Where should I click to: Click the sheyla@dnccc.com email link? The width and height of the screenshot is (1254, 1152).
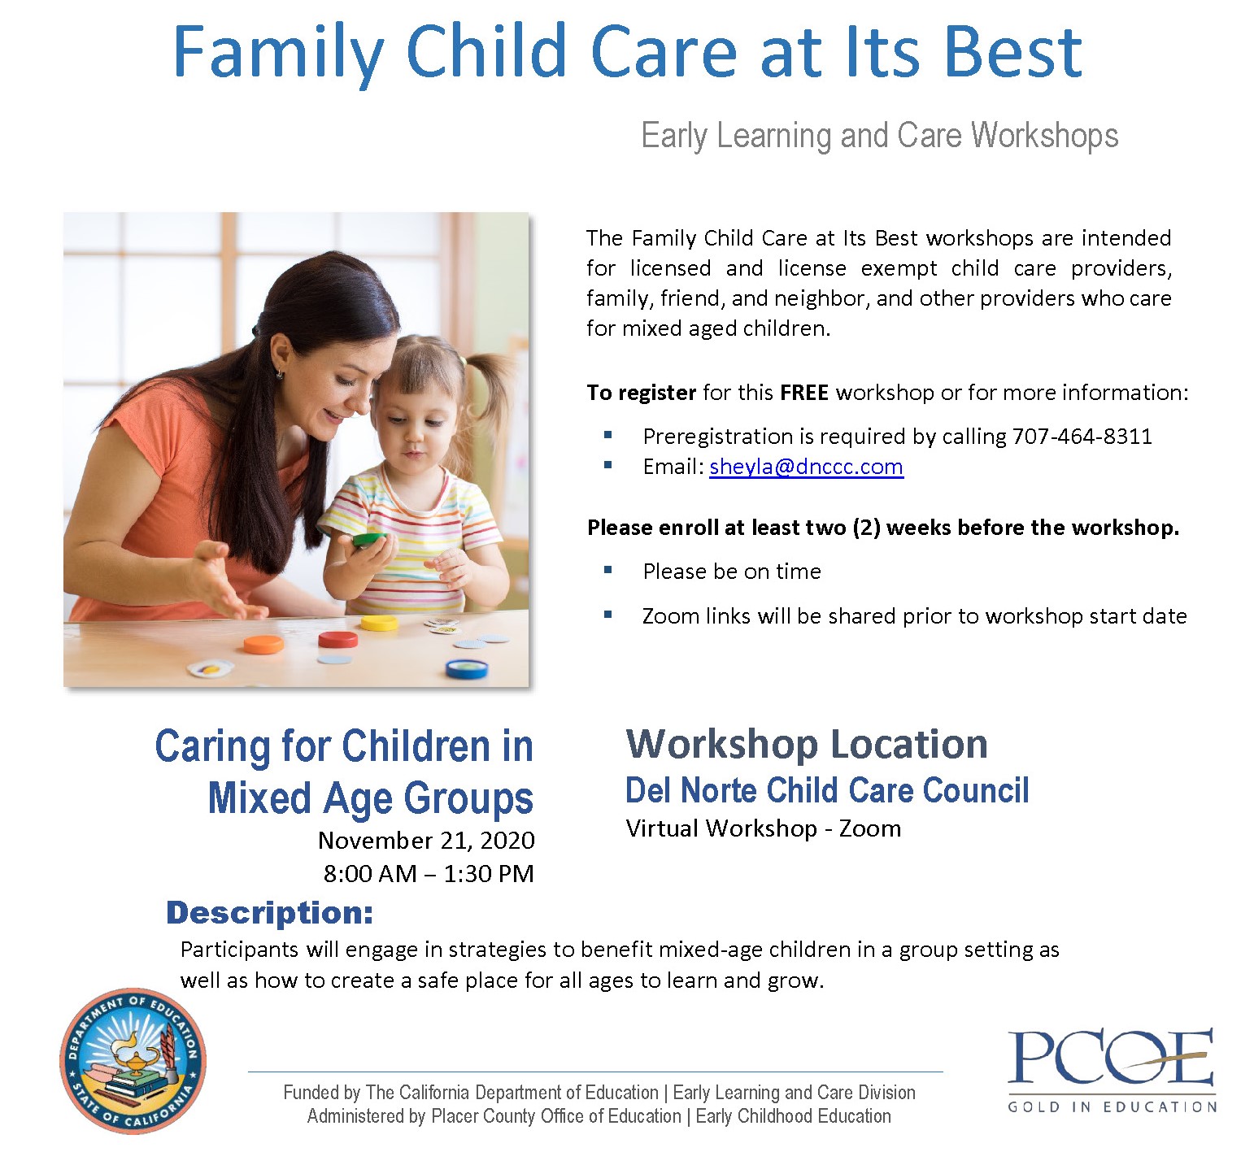coord(806,467)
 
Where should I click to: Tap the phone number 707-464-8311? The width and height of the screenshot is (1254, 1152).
coord(1082,437)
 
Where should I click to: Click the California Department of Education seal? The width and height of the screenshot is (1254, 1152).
coord(133,1062)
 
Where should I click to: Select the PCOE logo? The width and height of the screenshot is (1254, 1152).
coord(1112,1068)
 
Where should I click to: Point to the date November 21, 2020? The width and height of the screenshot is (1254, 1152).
coord(426,840)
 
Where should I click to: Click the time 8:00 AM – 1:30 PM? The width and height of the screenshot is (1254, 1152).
coord(429,874)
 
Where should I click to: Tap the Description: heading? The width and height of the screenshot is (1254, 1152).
coord(269,913)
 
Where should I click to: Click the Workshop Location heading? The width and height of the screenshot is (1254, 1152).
coord(807,744)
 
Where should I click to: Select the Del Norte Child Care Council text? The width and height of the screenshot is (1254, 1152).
coord(827,790)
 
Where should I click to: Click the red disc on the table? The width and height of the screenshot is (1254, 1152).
coord(337,639)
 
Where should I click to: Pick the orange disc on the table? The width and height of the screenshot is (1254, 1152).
coord(263,645)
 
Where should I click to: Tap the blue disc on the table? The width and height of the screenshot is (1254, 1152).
coord(467,668)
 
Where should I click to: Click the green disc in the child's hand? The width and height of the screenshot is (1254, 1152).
coord(370,538)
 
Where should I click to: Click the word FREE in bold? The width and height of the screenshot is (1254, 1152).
coord(803,393)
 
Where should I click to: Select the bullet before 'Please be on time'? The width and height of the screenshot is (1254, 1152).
coord(607,570)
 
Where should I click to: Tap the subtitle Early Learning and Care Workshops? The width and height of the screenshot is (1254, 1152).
coord(880,136)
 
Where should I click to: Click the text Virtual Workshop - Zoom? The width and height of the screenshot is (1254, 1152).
coord(764,828)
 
